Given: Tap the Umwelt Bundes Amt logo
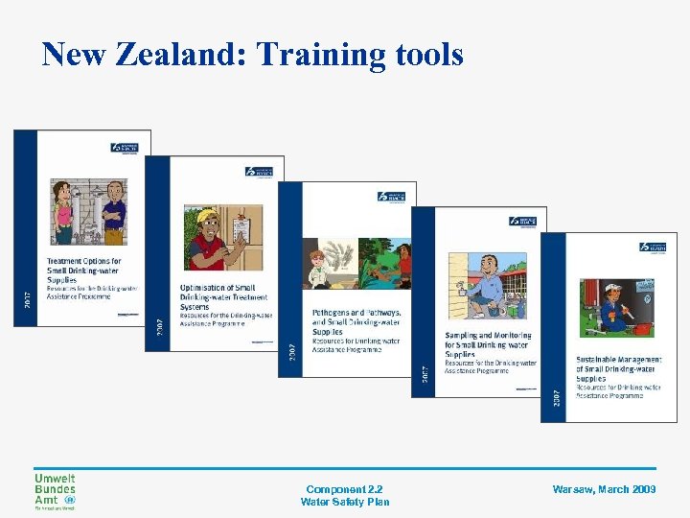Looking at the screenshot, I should pos(55,491).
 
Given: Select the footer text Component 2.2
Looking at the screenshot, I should pos(345,489).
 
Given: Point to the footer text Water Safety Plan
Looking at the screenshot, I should pos(345,502).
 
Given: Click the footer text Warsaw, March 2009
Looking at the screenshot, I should pos(605,489).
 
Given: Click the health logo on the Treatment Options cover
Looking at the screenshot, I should pos(125,148).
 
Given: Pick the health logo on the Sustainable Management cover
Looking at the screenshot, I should pos(652,247).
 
